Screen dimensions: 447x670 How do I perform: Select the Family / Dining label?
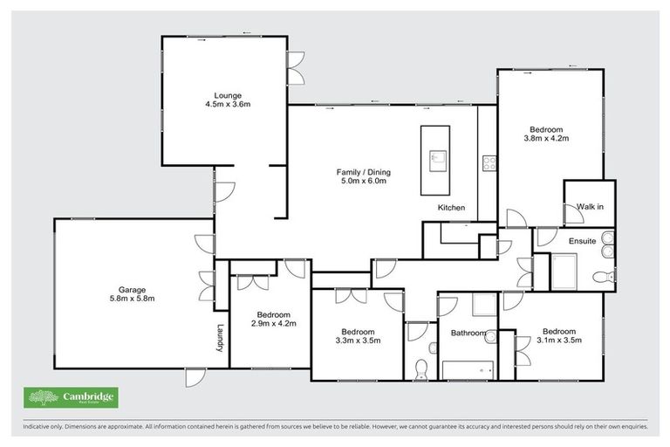tap(361, 171)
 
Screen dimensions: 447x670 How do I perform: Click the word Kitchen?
tap(451, 208)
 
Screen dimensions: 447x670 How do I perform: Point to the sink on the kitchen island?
tap(437, 159)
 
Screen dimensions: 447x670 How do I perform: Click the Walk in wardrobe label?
tap(590, 207)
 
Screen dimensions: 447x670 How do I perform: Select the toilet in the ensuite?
tap(602, 277)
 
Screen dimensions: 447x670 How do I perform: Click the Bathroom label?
tap(468, 333)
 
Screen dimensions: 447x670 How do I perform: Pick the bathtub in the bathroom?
tap(468, 369)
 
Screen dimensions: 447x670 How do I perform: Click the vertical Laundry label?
tap(220, 339)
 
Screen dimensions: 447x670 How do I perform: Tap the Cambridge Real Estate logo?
tap(70, 397)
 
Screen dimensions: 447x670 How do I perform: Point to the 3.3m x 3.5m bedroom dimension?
tap(358, 340)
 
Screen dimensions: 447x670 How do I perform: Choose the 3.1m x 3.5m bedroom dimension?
tap(558, 340)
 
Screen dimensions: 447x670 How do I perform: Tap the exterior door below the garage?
tap(195, 376)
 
